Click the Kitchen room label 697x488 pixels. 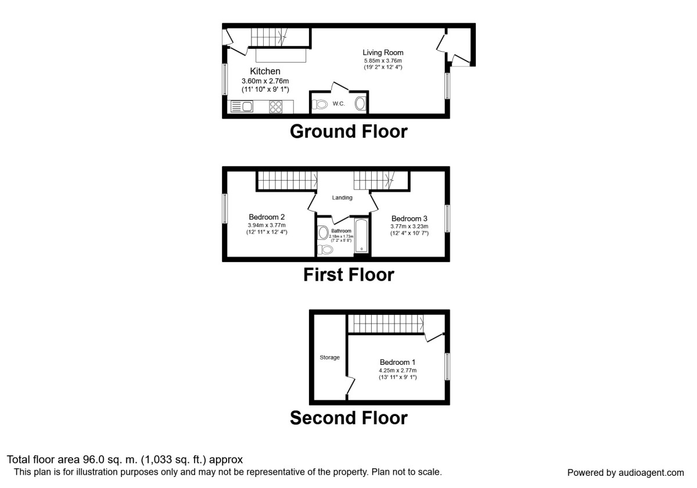pyautogui.click(x=265, y=71)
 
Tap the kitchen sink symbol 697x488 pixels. pyautogui.click(x=242, y=107)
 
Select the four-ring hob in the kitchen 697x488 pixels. pyautogui.click(x=276, y=107)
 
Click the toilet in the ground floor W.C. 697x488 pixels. pyautogui.click(x=319, y=104)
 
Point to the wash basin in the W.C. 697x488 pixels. pyautogui.click(x=360, y=104)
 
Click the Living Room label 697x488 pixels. pyautogui.click(x=383, y=53)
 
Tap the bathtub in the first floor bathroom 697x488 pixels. pyautogui.click(x=361, y=235)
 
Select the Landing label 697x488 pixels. pyautogui.click(x=342, y=198)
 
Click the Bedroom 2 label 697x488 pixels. pyautogui.click(x=267, y=217)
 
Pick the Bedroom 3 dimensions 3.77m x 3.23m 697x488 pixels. pyautogui.click(x=409, y=227)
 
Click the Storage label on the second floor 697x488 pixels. pyautogui.click(x=329, y=358)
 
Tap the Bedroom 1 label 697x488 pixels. pyautogui.click(x=398, y=363)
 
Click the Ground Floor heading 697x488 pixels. pyautogui.click(x=348, y=131)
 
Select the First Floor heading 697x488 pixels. pyautogui.click(x=348, y=275)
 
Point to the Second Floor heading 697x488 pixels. pyautogui.click(x=348, y=418)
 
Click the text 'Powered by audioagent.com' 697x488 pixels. pyautogui.click(x=626, y=473)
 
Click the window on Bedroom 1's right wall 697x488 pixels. pyautogui.click(x=447, y=367)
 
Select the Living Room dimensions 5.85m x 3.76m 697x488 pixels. pyautogui.click(x=383, y=61)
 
